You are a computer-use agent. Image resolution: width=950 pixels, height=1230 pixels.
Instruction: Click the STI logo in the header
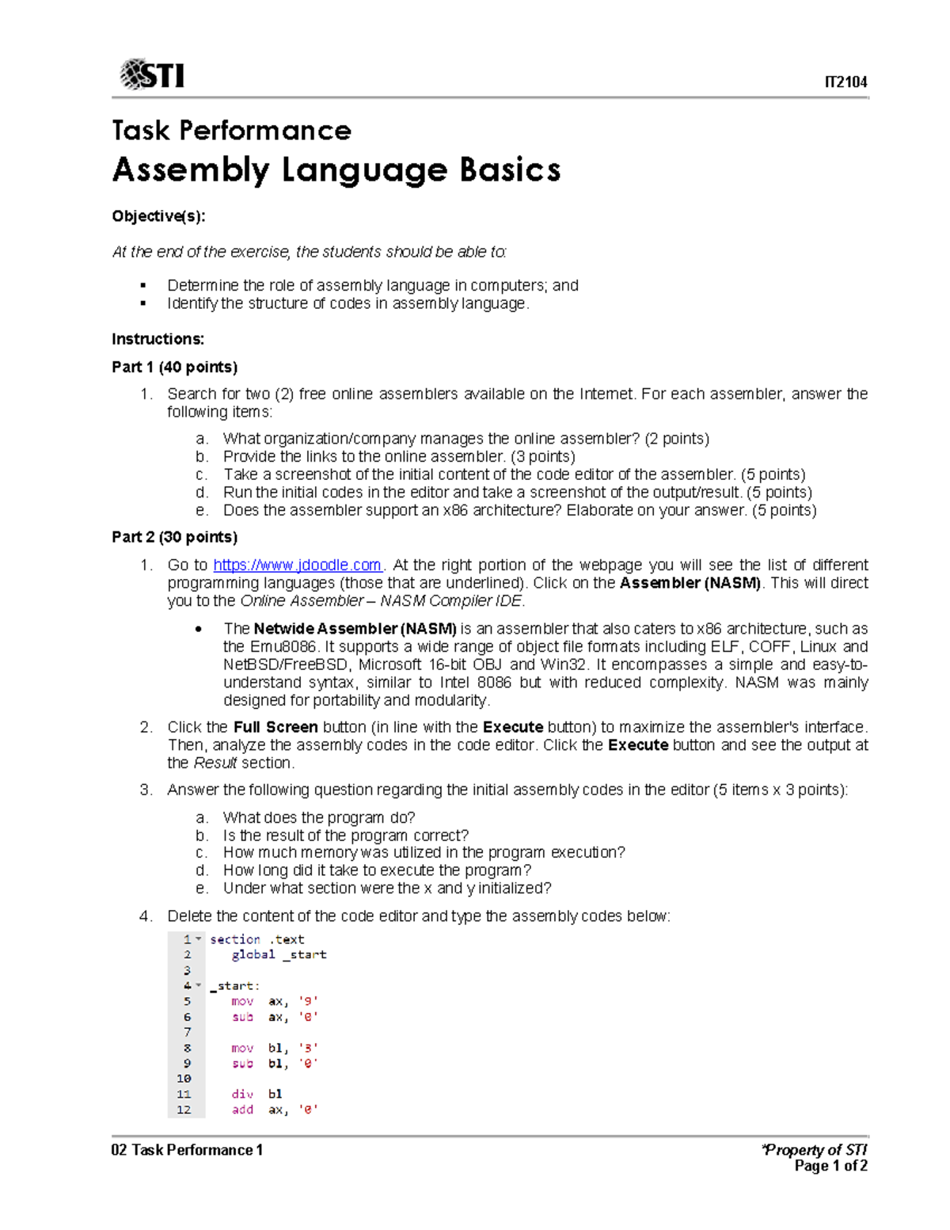tap(152, 74)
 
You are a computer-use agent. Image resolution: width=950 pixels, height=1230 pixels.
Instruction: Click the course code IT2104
tap(845, 82)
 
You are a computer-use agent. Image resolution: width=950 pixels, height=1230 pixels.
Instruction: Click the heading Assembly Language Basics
tap(336, 170)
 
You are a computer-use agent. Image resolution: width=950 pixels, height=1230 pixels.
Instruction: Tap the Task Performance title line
tap(231, 131)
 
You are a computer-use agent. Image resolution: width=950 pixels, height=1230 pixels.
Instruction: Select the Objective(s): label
tap(158, 216)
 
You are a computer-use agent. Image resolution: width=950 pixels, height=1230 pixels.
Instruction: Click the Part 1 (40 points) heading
tap(174, 367)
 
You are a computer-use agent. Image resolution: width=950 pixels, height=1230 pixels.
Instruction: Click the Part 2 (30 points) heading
tap(174, 537)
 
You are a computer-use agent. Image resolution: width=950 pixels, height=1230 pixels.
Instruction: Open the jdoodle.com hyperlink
tap(298, 565)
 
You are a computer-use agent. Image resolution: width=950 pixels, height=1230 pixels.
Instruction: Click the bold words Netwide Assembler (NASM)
tap(355, 629)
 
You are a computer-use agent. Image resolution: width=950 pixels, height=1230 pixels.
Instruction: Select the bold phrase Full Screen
tap(275, 727)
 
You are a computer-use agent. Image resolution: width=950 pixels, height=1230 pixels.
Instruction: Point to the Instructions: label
tap(158, 339)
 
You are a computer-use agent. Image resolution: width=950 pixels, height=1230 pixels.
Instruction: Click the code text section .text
tap(257, 939)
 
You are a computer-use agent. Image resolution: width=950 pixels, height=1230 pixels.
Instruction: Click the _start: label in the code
tap(234, 986)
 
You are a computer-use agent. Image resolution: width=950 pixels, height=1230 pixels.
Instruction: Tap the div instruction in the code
tap(242, 1094)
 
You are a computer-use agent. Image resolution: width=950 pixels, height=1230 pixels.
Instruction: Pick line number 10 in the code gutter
tap(184, 1079)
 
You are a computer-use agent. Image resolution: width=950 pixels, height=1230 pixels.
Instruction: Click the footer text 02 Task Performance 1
tap(187, 1150)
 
